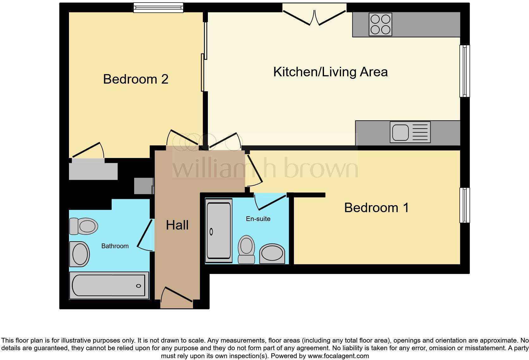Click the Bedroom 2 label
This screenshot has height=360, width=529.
[135, 79]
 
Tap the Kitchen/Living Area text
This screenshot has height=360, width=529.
[330, 72]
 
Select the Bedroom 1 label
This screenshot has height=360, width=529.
[376, 208]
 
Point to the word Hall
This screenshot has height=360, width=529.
[177, 225]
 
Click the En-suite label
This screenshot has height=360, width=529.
[258, 219]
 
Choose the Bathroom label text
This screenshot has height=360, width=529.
[115, 246]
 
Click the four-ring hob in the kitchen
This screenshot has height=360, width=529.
[380, 24]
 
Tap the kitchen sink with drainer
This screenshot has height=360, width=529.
[410, 132]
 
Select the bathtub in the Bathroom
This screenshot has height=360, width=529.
[109, 285]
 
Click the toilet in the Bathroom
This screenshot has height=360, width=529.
[84, 226]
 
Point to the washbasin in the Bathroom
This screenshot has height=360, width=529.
[79, 254]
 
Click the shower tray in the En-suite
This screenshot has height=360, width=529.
[219, 231]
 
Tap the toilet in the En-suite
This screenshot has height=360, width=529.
[246, 249]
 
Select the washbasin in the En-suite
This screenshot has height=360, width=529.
[272, 254]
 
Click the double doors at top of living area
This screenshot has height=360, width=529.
[314, 17]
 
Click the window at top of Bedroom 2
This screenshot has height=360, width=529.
[158, 8]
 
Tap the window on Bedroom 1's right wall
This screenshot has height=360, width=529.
[464, 205]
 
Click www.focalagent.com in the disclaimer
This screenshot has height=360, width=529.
[338, 356]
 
